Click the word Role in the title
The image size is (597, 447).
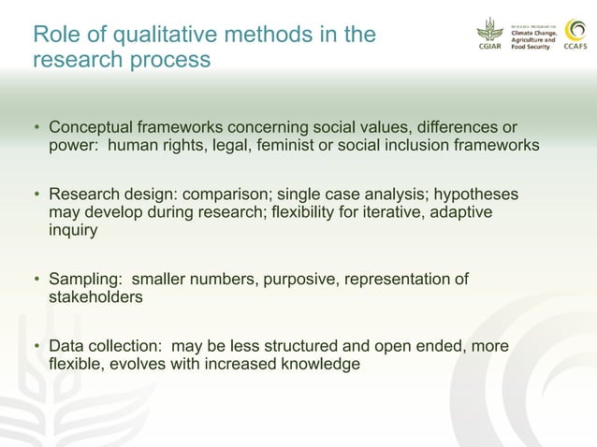53,36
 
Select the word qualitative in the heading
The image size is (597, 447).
153,36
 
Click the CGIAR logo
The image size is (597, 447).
489,36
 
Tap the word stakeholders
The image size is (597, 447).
95,298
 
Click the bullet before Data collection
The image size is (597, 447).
37,347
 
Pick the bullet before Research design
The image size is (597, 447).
37,195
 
